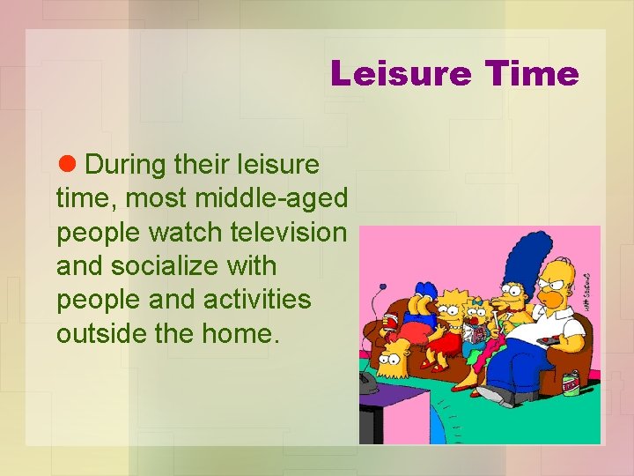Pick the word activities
257,299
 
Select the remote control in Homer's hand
546,339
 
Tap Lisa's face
453,310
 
